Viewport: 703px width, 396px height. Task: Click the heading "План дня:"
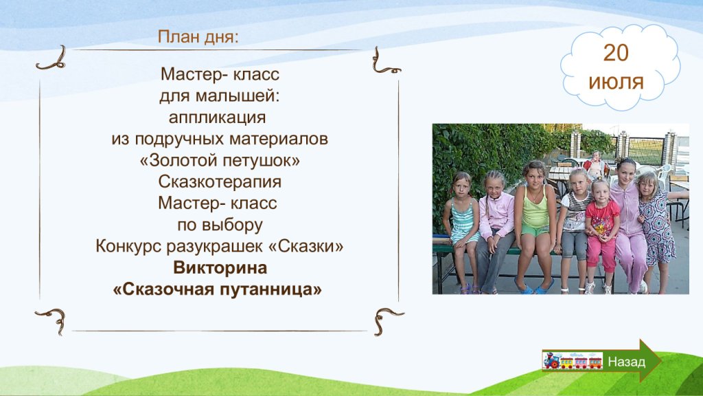click(198, 37)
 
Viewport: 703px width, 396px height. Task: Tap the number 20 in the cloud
click(616, 53)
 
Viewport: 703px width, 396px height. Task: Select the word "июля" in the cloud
click(616, 82)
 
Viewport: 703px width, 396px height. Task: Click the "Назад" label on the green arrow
click(626, 362)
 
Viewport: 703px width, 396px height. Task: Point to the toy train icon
click(573, 360)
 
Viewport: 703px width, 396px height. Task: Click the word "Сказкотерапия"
click(220, 181)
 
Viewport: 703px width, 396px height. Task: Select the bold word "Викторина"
click(220, 267)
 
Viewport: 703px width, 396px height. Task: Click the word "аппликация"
click(218, 118)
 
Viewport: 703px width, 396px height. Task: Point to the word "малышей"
click(242, 96)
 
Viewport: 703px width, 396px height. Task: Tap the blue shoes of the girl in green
click(534, 288)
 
